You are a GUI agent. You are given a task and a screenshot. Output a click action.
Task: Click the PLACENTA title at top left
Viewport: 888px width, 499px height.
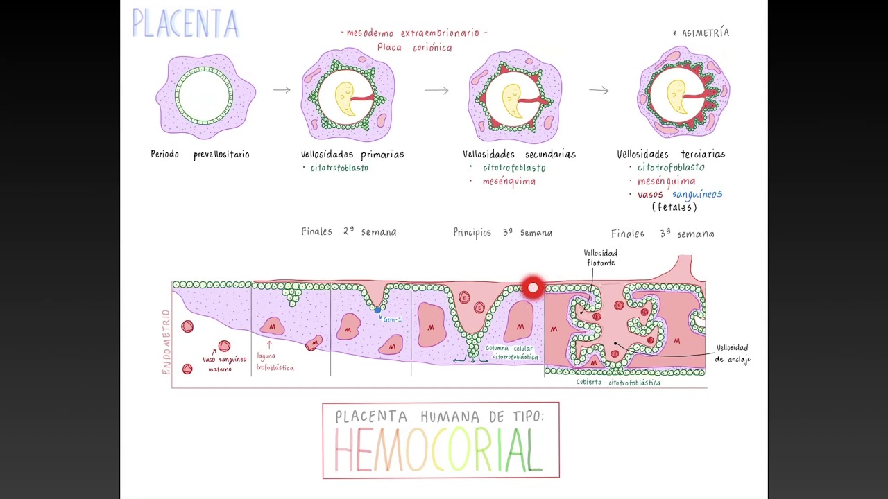point(185,24)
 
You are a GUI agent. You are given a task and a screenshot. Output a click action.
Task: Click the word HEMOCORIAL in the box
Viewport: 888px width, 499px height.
point(440,450)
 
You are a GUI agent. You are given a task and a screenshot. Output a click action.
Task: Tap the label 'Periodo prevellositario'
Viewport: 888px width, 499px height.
point(200,155)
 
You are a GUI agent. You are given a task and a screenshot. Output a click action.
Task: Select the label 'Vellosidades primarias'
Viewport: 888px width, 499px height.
point(352,155)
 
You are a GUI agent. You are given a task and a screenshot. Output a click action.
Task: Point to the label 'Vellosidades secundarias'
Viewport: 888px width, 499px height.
point(519,155)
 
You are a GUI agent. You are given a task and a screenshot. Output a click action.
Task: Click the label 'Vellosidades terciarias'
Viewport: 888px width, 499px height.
point(671,155)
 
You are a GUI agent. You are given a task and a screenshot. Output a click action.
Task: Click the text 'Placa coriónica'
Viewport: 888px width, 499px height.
point(414,48)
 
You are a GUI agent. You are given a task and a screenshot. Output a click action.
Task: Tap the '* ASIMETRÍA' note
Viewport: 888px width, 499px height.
point(701,33)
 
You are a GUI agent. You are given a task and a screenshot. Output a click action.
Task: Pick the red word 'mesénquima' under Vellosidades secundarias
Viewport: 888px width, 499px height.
point(509,182)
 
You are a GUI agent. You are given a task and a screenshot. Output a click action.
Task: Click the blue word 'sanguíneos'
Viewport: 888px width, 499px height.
point(697,195)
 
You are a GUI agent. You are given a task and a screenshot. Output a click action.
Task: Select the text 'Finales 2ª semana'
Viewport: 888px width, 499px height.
point(349,232)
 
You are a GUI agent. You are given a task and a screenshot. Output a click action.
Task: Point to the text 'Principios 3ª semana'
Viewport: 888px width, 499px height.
point(503,233)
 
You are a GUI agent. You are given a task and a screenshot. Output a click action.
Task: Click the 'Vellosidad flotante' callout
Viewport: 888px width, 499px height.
point(601,258)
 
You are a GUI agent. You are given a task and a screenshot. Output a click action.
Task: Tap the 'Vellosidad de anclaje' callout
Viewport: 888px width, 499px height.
point(733,353)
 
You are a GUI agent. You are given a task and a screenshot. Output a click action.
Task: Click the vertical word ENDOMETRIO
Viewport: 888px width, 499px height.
point(166,342)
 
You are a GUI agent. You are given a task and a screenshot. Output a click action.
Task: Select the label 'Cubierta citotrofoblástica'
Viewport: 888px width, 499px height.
point(618,383)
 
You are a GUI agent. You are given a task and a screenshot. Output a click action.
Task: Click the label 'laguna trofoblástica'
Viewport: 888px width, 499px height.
point(275,362)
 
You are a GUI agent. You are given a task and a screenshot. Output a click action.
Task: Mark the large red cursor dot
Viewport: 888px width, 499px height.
point(532,288)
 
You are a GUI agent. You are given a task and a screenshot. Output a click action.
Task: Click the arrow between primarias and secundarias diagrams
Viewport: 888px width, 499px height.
point(436,91)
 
